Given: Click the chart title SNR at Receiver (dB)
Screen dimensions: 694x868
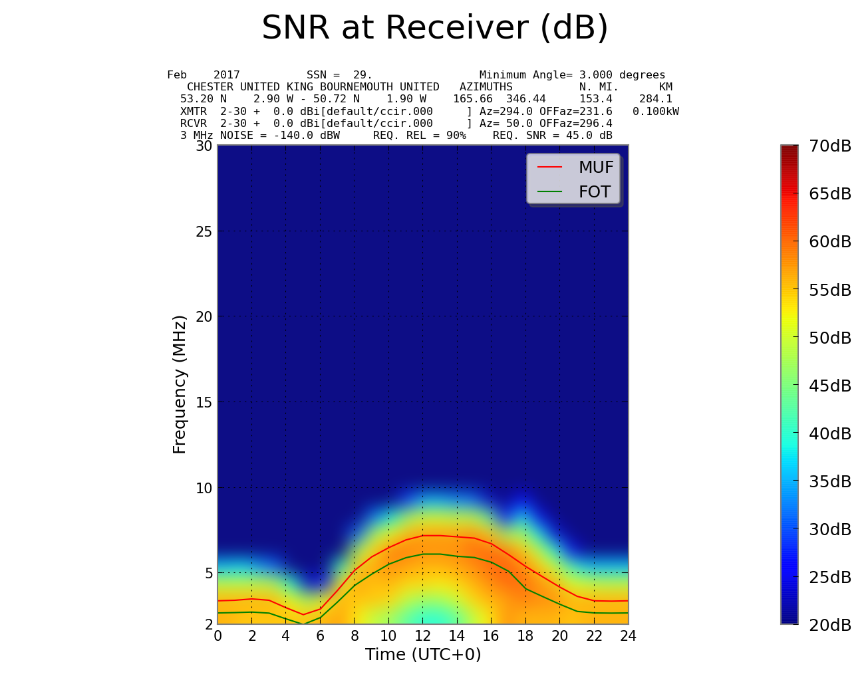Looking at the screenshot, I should pyautogui.click(x=435, y=29).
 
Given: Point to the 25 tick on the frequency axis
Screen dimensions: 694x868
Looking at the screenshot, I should pyautogui.click(x=204, y=231).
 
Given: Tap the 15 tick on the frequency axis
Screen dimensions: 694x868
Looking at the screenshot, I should pyautogui.click(x=204, y=402).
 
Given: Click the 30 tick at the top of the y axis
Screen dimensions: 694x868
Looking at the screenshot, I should pyautogui.click(x=204, y=146).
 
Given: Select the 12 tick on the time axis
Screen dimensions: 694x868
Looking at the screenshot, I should pyautogui.click(x=422, y=636).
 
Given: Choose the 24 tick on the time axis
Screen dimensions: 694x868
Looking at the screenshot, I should pyautogui.click(x=628, y=636).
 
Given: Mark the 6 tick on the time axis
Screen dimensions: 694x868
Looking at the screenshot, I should pyautogui.click(x=320, y=636).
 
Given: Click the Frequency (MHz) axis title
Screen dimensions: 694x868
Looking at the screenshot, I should pyautogui.click(x=180, y=384).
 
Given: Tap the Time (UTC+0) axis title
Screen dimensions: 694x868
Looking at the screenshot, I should pyautogui.click(x=423, y=655).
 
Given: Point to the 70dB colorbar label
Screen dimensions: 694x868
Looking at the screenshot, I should pyautogui.click(x=830, y=146).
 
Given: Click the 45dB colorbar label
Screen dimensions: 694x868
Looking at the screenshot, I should pyautogui.click(x=830, y=386).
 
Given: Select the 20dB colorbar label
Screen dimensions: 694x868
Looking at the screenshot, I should pyautogui.click(x=830, y=626).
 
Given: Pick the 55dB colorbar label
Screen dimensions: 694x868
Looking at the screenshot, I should pyautogui.click(x=830, y=290).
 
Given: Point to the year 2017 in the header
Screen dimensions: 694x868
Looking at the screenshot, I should pyautogui.click(x=226, y=75).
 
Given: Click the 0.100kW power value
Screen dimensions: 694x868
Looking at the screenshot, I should pyautogui.click(x=655, y=111).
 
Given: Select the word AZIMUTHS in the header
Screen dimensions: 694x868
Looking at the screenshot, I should pyautogui.click(x=486, y=87).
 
